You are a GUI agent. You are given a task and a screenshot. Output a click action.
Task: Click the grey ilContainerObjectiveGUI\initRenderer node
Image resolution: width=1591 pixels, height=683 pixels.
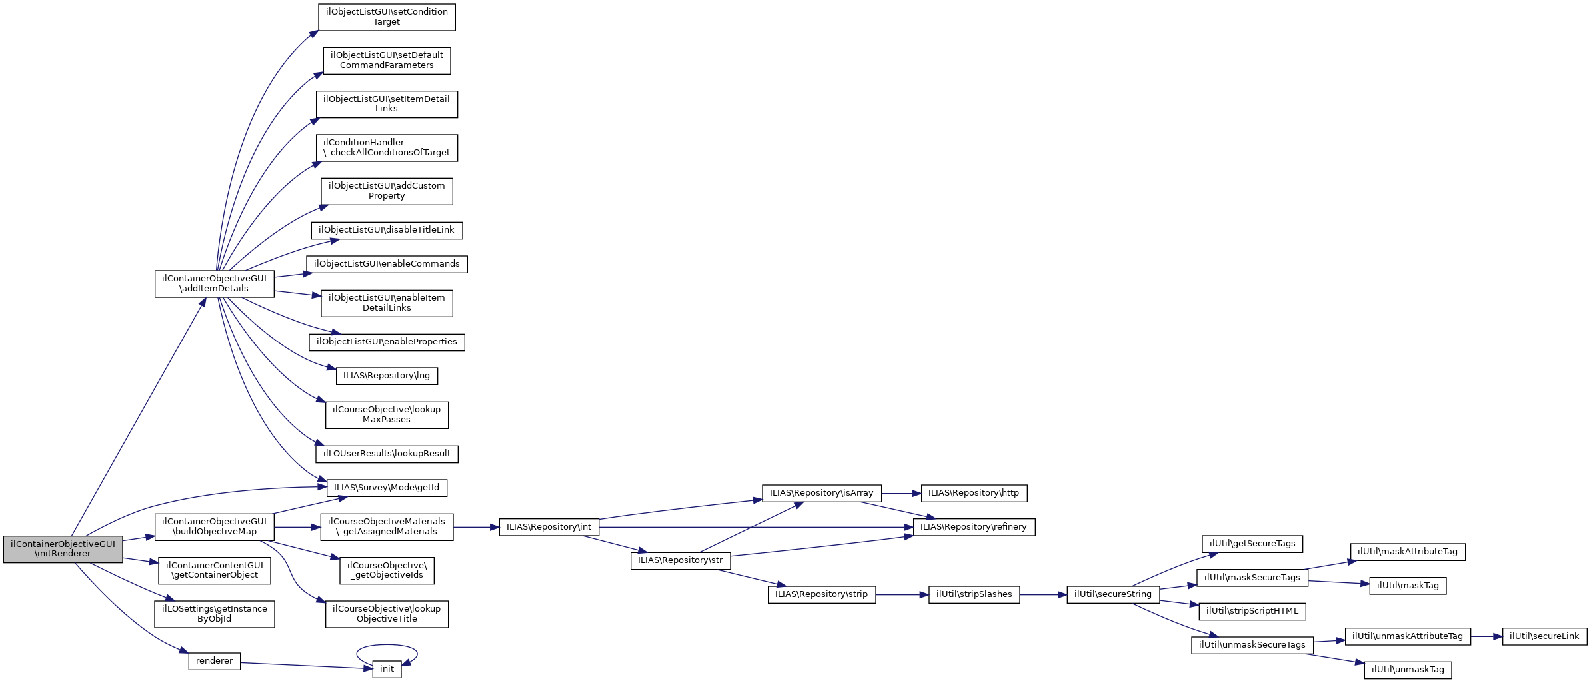[63, 549]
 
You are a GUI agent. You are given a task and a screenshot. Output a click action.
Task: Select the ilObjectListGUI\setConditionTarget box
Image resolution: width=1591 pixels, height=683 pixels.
[387, 17]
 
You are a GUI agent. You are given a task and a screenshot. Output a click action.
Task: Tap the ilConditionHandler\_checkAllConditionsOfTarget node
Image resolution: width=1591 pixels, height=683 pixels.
[387, 147]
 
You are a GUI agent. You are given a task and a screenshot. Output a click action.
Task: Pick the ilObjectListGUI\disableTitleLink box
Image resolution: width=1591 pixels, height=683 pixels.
[387, 230]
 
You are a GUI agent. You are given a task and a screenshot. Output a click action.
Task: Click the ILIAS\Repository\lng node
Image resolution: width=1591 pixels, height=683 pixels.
[387, 376]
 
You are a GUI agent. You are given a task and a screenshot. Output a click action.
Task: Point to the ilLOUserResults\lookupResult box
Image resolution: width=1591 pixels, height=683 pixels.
[387, 454]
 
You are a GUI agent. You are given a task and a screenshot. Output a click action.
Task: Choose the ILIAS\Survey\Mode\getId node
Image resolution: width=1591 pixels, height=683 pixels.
[387, 488]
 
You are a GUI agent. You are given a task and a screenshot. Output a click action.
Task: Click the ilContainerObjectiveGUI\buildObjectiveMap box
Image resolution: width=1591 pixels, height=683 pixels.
[214, 527]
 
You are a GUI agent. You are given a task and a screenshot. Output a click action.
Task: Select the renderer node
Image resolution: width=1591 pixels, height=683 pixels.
[214, 661]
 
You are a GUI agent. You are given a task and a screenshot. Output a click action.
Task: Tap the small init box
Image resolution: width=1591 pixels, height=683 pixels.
[387, 669]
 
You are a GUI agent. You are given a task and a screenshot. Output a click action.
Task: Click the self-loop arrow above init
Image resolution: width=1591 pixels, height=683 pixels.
[387, 645]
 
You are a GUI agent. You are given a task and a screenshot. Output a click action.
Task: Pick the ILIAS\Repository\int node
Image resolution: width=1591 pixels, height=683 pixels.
[549, 527]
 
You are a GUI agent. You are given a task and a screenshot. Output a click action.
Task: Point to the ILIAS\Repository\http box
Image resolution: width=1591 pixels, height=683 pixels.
[974, 494]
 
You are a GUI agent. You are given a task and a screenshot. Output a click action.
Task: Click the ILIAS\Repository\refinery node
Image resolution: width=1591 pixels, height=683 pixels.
[974, 527]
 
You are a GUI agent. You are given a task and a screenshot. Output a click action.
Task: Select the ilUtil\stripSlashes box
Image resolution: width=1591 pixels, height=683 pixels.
[974, 594]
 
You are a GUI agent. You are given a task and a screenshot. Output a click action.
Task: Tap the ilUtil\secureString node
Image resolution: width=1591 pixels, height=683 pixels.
[1113, 594]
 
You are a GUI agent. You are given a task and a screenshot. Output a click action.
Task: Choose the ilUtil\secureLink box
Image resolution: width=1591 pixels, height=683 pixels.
[1544, 636]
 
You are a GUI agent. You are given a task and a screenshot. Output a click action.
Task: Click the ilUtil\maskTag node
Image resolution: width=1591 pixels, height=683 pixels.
[1408, 586]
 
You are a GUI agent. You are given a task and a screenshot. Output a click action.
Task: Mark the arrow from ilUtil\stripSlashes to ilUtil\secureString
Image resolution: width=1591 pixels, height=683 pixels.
[1043, 594]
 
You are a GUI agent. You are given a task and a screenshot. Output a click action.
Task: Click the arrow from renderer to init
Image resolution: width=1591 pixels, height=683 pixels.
[307, 666]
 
